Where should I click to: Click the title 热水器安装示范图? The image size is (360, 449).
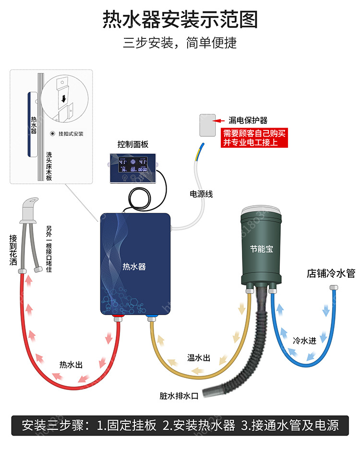180,20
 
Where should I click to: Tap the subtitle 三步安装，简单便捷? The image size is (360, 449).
180,43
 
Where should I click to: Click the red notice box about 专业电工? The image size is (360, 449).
254,138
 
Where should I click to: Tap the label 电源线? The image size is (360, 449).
201,194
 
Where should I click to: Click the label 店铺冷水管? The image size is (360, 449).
331,274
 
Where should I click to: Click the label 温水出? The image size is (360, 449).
199,358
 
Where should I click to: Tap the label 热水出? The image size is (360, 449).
71,365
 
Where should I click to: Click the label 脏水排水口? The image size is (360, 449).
179,396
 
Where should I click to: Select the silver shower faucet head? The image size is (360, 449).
29,209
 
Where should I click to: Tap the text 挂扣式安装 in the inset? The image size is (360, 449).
71,134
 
